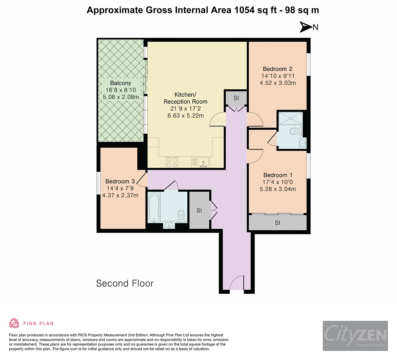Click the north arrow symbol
[305, 27]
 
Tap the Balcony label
[121, 83]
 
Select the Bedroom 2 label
[277, 69]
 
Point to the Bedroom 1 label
[278, 175]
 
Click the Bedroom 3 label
[120, 181]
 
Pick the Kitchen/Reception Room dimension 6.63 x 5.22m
[185, 116]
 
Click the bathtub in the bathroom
[154, 207]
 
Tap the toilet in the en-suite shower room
[295, 131]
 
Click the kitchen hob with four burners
[172, 162]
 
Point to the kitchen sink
[203, 162]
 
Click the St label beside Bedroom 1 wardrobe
[277, 223]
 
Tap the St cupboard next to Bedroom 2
[236, 98]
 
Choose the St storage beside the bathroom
[199, 210]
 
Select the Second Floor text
[125, 283]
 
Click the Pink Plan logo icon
[14, 323]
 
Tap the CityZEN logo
[355, 336]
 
